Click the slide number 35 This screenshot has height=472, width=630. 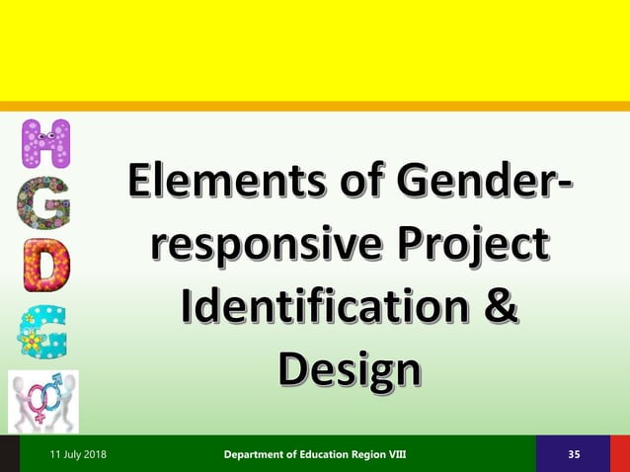pos(575,454)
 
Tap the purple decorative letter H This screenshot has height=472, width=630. pos(45,144)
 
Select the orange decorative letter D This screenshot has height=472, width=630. pos(45,265)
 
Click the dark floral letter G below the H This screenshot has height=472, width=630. pos(45,204)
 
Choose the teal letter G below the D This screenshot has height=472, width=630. pos(45,329)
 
